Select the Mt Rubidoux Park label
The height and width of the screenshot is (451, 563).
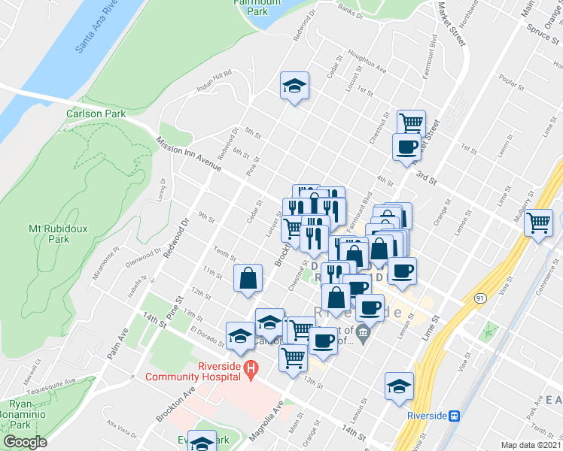(48, 233)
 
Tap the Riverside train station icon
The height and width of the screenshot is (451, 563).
(455, 415)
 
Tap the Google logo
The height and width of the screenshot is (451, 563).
(25, 442)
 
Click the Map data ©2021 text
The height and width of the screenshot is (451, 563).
(531, 445)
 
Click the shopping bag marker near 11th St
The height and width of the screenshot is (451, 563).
(248, 278)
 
